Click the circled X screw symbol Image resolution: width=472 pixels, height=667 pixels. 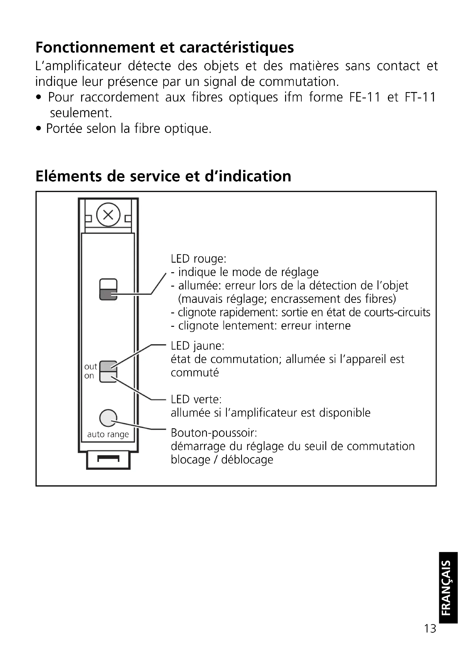pos(108,215)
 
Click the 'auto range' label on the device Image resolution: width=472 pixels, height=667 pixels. pos(108,435)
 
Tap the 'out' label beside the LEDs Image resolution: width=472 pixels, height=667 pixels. pos(91,367)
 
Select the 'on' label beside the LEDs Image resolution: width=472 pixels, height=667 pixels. pos(89,376)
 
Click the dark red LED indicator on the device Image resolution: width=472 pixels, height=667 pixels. pos(108,295)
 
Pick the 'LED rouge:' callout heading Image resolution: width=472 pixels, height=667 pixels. pos(199,259)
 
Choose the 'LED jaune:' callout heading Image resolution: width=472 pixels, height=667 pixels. pos(198,346)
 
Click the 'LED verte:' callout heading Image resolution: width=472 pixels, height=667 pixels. pos(196,400)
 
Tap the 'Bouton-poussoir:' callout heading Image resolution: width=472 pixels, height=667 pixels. pos(214,433)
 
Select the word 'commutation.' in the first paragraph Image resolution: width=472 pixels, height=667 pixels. pos(299,82)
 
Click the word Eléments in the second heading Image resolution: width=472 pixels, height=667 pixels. pos(69,176)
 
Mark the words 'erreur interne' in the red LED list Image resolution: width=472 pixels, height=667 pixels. pos(316,326)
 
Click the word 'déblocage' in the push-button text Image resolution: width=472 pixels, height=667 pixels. pos(247,460)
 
